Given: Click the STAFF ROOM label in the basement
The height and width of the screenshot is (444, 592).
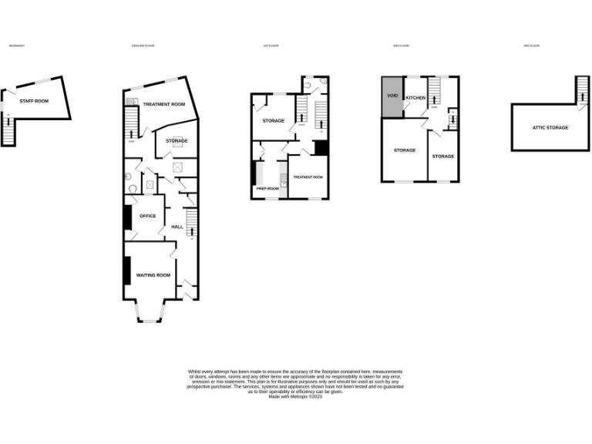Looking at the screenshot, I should (x=34, y=101).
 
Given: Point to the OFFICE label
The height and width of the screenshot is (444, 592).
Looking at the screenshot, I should (x=147, y=216).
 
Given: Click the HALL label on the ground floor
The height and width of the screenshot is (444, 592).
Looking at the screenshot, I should (x=177, y=227).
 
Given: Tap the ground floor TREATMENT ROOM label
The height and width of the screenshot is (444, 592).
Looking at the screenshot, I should (x=163, y=104).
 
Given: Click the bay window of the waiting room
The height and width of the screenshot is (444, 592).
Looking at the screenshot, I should (x=150, y=311).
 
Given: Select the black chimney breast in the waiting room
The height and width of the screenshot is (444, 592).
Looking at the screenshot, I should (x=126, y=271).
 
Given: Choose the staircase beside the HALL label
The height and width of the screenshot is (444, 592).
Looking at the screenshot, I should (x=191, y=224).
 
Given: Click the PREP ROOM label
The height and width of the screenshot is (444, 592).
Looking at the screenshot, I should (x=267, y=187).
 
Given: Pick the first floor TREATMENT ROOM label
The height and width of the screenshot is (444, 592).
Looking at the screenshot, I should (x=308, y=177).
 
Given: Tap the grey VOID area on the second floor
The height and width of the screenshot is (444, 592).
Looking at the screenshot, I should (x=392, y=97).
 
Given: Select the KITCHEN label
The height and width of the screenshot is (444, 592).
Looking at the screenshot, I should (x=415, y=98).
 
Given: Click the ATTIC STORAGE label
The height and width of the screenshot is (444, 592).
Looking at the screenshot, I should (x=550, y=127).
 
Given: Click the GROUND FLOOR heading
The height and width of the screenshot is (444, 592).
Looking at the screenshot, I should (x=143, y=46).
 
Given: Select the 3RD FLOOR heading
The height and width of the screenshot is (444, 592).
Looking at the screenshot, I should (x=531, y=46).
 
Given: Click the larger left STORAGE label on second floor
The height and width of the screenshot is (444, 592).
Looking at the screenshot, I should (x=405, y=150).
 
